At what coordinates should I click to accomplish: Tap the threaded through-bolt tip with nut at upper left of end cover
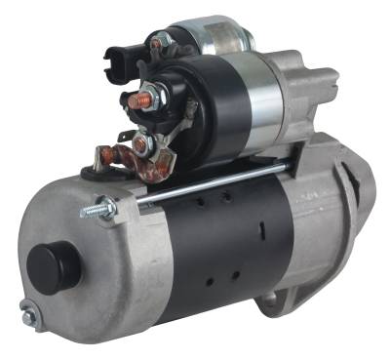point(99,209)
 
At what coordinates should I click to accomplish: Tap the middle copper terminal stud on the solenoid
point(143,144)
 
